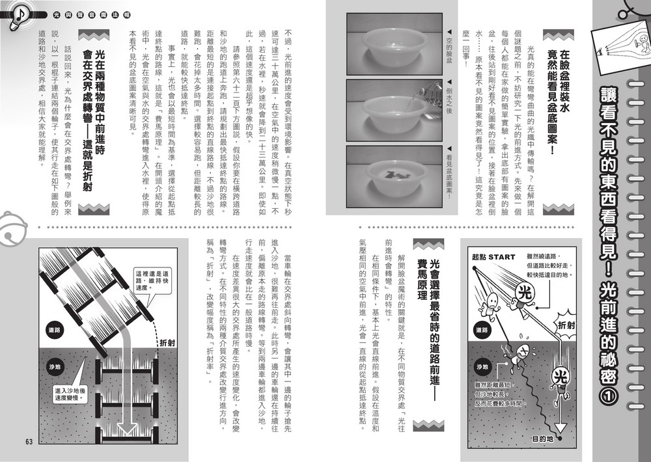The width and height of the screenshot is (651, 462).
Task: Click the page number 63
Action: pyautogui.click(x=29, y=442)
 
